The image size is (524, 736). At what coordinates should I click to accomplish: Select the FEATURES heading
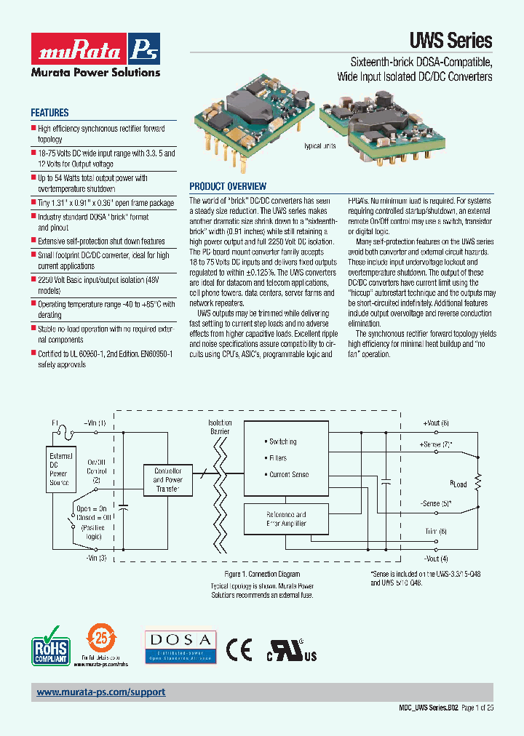click(49, 113)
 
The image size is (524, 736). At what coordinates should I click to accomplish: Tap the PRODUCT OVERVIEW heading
click(228, 186)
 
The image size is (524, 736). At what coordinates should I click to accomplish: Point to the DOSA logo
click(179, 646)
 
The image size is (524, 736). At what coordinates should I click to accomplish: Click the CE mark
click(239, 647)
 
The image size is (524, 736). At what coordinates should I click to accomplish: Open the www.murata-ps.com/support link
click(101, 692)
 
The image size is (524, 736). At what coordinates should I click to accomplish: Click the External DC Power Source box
click(60, 469)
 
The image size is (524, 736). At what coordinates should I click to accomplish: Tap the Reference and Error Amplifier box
click(286, 519)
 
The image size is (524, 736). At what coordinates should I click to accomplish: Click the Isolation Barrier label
click(220, 427)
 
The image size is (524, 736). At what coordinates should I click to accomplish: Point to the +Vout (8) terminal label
click(436, 423)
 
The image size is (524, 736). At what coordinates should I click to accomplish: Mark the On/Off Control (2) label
click(97, 470)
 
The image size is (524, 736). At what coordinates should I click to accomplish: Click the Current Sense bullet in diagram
click(288, 474)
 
